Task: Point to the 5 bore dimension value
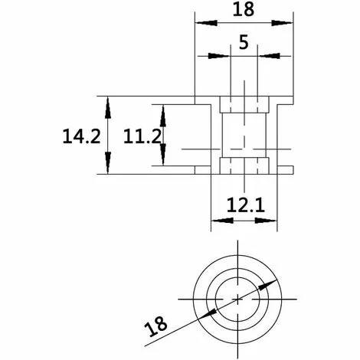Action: tap(244, 44)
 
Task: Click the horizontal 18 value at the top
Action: tap(243, 10)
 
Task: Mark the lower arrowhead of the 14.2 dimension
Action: tap(108, 167)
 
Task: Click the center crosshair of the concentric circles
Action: tap(239, 296)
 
